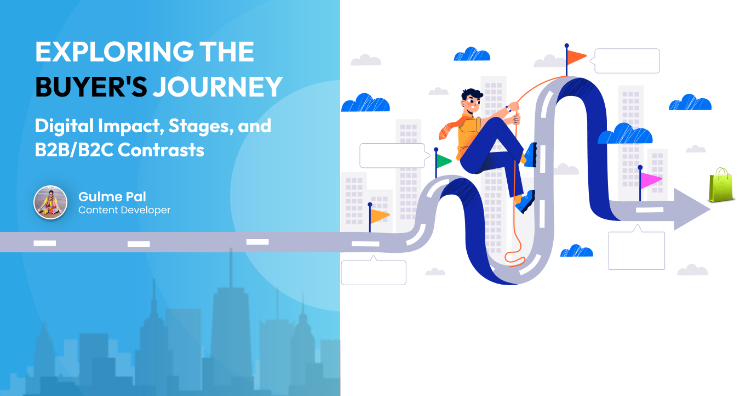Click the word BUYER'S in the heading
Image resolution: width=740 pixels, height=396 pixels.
click(91, 87)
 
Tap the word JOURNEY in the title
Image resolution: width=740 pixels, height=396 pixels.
click(217, 87)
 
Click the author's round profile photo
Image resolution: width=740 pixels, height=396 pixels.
click(50, 202)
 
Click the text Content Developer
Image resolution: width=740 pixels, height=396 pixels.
click(124, 210)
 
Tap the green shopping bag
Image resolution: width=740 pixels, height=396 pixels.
click(720, 185)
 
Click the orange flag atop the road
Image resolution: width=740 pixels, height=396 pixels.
click(576, 56)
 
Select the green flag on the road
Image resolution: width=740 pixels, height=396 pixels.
click(443, 161)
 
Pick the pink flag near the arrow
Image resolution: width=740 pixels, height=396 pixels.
click(651, 180)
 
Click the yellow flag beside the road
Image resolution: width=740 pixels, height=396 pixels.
click(380, 216)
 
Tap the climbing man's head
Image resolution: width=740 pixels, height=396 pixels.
click(472, 102)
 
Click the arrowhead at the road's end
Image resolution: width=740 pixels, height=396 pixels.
click(691, 209)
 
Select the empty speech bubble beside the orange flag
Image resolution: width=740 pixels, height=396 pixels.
click(627, 61)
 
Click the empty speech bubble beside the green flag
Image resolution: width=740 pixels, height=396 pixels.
click(392, 156)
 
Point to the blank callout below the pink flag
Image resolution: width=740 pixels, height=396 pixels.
click(636, 250)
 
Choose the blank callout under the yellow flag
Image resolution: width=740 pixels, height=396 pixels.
click(374, 272)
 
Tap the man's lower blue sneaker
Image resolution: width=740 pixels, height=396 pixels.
click(525, 202)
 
